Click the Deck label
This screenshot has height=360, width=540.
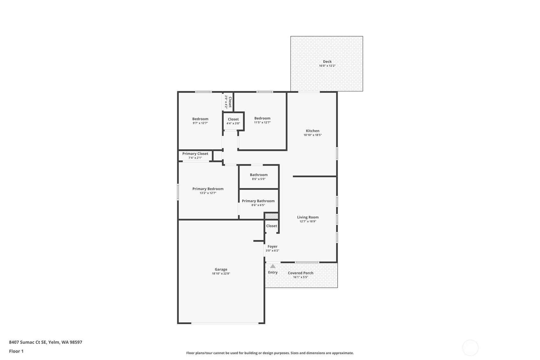[327, 62]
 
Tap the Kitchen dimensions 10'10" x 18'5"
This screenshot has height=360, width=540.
[312, 135]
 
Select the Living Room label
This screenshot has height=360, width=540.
[308, 217]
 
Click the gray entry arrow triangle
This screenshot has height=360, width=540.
[273, 266]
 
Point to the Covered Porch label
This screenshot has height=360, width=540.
[300, 273]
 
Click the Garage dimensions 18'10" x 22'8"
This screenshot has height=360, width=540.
[221, 273]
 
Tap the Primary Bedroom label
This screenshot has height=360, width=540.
[208, 189]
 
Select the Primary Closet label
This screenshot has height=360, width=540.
[195, 153]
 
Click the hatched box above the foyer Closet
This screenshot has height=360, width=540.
[271, 216]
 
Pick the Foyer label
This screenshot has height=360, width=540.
[272, 246]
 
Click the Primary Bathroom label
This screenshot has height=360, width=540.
[258, 201]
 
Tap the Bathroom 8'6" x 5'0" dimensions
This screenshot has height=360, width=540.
[258, 179]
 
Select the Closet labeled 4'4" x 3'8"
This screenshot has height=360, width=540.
[233, 119]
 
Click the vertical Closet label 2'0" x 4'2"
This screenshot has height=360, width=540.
[230, 102]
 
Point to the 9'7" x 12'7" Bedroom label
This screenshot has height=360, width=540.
[200, 119]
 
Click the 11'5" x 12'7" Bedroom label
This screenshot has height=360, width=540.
[262, 118]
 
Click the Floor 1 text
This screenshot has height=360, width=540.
[16, 351]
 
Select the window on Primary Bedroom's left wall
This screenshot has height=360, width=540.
[178, 192]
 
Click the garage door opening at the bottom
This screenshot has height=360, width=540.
[225, 323]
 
